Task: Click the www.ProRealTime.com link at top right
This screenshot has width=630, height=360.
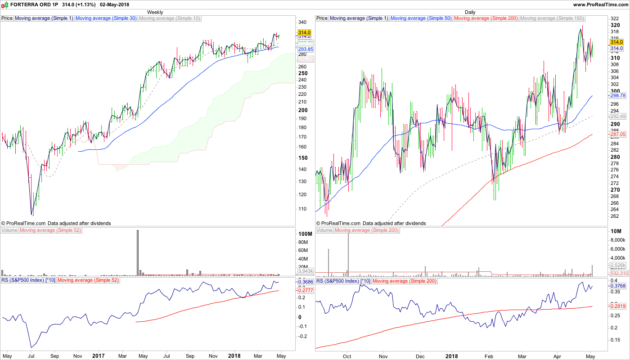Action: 600,4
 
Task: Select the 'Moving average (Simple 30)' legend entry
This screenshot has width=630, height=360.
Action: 106,18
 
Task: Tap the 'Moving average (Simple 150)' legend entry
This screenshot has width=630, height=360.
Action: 552,18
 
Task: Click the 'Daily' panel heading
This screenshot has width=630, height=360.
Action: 470,12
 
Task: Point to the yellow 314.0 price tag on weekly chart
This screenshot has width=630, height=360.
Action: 305,32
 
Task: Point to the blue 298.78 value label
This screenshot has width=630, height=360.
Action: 617,96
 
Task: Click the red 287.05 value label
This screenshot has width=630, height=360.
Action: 617,134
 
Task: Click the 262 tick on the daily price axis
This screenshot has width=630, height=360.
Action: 615,216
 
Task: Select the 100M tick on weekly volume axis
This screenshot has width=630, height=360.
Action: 305,234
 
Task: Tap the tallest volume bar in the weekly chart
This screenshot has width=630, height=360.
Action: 138,252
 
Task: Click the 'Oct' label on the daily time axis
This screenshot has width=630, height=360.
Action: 347,356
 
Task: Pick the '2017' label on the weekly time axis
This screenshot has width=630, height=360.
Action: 98,356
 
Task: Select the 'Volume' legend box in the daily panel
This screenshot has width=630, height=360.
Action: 324,230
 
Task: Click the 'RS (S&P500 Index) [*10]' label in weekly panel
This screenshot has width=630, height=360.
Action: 28,280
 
